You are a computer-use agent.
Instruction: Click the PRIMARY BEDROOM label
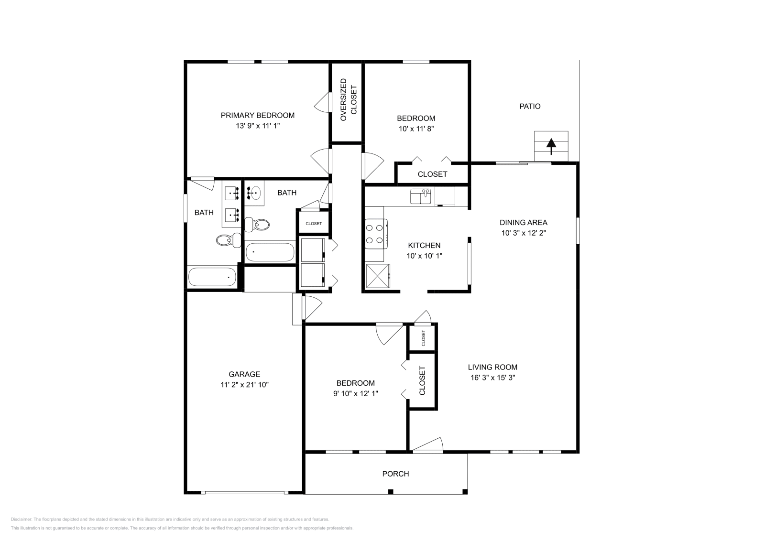(257, 115)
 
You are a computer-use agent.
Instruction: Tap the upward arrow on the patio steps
(551, 145)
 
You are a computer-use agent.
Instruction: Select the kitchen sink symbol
(420, 196)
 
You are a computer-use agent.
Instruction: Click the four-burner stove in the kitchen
(375, 234)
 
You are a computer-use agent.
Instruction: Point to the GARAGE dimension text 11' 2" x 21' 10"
(244, 384)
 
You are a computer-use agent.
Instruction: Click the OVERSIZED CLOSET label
(348, 99)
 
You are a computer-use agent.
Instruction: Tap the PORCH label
(395, 474)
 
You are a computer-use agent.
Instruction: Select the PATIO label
(530, 106)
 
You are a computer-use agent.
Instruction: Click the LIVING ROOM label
(492, 367)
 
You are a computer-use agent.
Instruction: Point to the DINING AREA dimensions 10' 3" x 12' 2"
(524, 233)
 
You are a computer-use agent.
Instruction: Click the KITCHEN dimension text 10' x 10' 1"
(424, 256)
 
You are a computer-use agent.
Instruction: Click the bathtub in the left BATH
(212, 277)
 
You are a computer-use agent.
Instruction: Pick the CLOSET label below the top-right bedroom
(432, 174)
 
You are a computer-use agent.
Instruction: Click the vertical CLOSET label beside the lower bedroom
(422, 380)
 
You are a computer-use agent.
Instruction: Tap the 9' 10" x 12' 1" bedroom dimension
(355, 393)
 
